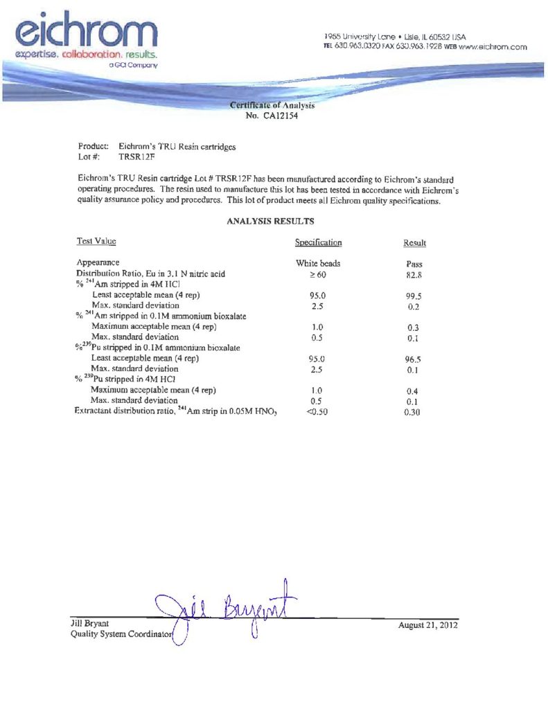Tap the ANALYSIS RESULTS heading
tap(271, 222)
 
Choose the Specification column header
tap(318, 243)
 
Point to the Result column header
tap(414, 244)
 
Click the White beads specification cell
tap(318, 264)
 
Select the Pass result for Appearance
tap(414, 264)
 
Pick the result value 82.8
tap(414, 275)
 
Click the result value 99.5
tap(414, 296)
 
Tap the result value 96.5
tap(414, 360)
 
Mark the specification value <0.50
tap(317, 413)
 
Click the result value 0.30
tap(414, 413)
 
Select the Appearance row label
tap(97, 263)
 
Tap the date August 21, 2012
tap(428, 626)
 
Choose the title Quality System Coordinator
tap(121, 636)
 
